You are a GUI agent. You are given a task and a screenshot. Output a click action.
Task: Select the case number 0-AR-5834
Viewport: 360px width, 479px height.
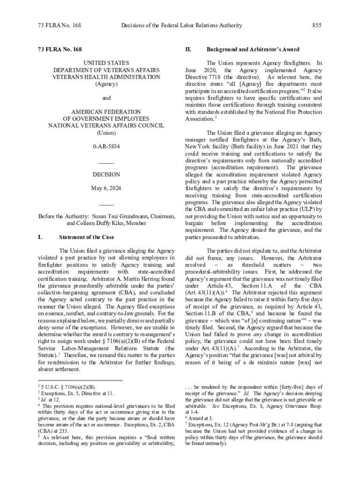(106, 147)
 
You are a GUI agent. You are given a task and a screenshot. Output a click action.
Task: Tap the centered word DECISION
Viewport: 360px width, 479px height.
(106, 174)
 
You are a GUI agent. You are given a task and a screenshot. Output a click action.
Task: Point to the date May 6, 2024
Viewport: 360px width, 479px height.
(106, 189)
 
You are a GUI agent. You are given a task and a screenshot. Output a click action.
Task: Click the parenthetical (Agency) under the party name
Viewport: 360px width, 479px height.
(106, 84)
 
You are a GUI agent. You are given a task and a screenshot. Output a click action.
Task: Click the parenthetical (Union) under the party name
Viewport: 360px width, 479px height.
(106, 133)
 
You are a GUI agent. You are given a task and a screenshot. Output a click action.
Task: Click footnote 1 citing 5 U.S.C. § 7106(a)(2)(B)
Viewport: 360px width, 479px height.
(68, 387)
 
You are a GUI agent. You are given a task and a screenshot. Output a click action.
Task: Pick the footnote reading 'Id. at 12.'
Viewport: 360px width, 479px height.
(50, 400)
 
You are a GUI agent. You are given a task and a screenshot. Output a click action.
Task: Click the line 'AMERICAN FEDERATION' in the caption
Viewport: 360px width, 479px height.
(106, 112)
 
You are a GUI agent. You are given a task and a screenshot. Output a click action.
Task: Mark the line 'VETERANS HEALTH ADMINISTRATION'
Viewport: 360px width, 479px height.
(106, 77)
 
